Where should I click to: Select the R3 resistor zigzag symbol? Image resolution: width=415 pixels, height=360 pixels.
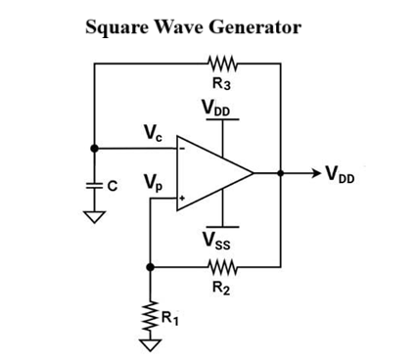click(x=222, y=66)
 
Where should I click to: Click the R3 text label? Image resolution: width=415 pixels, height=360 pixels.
click(x=222, y=85)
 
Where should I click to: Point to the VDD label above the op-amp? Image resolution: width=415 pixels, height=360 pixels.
click(x=220, y=107)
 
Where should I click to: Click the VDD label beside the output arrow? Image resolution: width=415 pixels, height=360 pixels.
click(x=342, y=176)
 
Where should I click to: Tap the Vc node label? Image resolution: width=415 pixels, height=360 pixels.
click(x=153, y=132)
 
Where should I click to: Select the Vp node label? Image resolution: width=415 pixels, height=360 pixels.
click(x=153, y=182)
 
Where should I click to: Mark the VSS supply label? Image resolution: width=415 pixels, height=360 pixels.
click(x=219, y=240)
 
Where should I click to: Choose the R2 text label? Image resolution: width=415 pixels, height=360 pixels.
click(x=222, y=287)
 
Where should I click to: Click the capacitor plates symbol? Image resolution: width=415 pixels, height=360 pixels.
click(x=95, y=183)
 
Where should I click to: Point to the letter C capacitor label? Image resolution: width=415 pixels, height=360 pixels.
click(x=114, y=183)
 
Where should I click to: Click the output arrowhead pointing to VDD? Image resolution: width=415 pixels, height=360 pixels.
click(x=315, y=173)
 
